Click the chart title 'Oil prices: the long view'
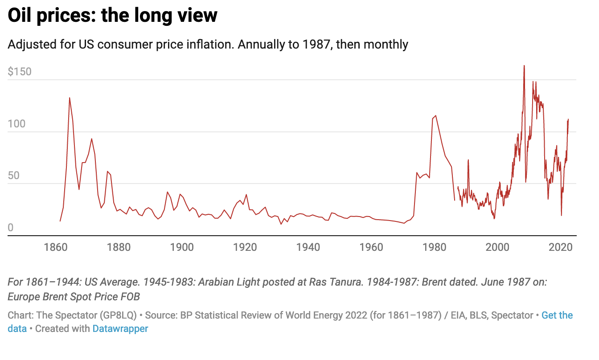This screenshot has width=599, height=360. (x=113, y=16)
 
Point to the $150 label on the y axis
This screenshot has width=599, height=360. (x=20, y=72)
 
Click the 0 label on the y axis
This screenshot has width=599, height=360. (x=11, y=228)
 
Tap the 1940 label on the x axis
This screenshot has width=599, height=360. (x=308, y=247)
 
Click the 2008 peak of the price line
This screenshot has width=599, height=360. (x=524, y=66)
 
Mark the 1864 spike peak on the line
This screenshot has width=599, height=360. (x=70, y=98)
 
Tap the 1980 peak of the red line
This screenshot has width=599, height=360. (x=435, y=116)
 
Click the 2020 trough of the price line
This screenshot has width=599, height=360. (x=561, y=215)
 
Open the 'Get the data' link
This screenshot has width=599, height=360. (x=557, y=315)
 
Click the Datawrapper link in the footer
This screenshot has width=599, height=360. (x=120, y=329)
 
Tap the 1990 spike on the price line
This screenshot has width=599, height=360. (x=468, y=160)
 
